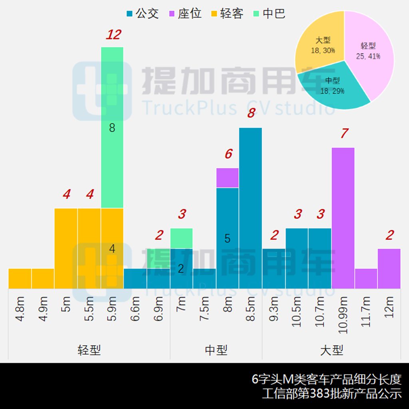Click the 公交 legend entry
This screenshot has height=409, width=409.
143,14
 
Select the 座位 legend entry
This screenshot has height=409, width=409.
185,14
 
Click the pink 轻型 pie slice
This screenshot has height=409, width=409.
371,56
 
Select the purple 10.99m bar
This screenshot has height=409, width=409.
343,218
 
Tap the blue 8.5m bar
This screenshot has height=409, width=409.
250,208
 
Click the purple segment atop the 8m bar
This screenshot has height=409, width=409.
227,178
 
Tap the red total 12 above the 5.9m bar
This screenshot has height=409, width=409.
113,35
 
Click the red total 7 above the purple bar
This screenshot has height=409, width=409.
344,133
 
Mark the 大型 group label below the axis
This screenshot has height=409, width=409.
332,350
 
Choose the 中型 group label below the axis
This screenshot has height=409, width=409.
216,350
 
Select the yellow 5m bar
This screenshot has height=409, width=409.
66,248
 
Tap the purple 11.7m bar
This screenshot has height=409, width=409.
366,278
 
